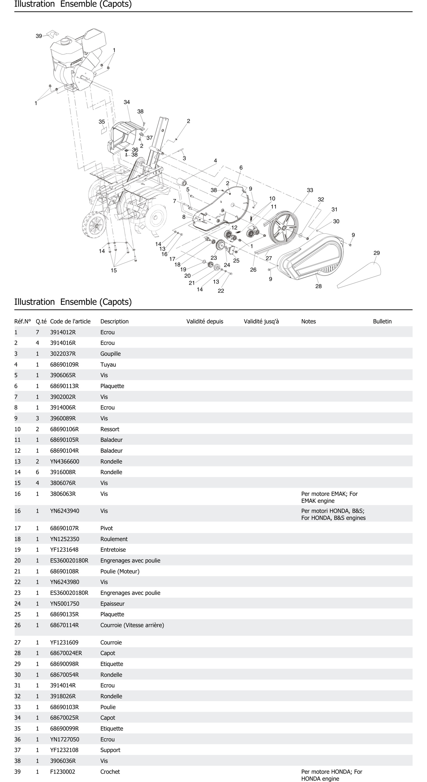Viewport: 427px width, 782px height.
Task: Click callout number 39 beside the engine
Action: (x=39, y=36)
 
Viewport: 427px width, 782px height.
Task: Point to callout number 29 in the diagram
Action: (x=376, y=253)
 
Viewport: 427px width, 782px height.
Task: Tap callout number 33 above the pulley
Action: (x=310, y=190)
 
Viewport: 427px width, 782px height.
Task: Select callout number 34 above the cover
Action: (x=127, y=102)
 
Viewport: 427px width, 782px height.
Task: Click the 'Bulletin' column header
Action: (x=382, y=321)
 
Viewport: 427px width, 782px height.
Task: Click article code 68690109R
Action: (x=64, y=365)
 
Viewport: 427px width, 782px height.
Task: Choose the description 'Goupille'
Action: (x=110, y=354)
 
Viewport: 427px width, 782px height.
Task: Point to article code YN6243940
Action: (x=65, y=511)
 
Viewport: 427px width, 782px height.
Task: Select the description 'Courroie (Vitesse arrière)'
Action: (x=132, y=625)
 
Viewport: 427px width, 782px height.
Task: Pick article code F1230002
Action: (x=63, y=772)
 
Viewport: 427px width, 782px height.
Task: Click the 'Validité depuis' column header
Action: (x=205, y=321)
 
